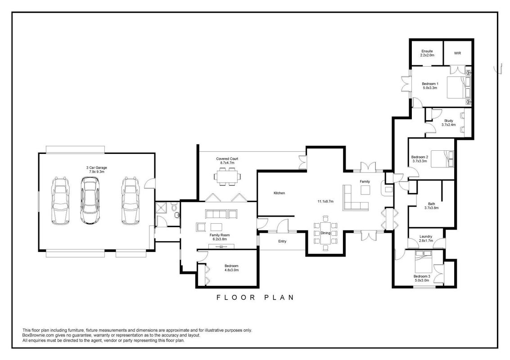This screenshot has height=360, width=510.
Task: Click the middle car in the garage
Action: (x=90, y=200)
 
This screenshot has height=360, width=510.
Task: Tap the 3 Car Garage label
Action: (x=96, y=170)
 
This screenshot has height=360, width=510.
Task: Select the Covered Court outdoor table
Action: (x=227, y=176)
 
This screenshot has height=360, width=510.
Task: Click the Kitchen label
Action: (x=279, y=193)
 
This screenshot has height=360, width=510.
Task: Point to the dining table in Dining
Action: (x=325, y=233)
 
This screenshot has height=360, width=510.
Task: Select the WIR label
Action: (x=457, y=54)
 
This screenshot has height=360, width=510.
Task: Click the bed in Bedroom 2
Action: (x=442, y=159)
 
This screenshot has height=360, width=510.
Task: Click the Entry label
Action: (x=282, y=241)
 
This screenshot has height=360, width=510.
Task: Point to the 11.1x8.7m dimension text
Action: (x=325, y=202)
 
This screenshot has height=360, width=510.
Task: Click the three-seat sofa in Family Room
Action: (x=216, y=214)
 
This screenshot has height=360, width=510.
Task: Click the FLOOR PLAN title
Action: (x=255, y=297)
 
